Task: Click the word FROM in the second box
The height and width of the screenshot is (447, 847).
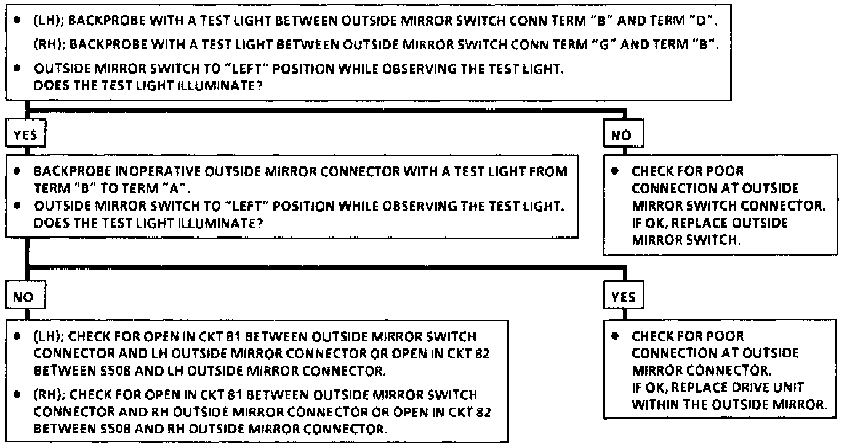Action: coord(553,172)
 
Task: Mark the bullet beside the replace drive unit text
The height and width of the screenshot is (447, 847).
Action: coord(614,337)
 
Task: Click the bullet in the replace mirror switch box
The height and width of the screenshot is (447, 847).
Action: coord(614,172)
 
